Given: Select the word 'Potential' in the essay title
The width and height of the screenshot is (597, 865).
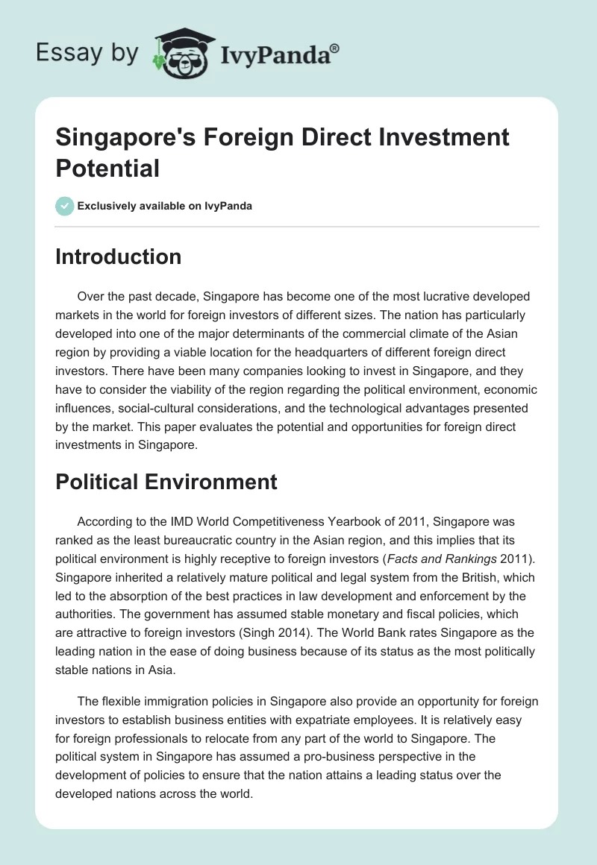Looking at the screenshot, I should point(107,168).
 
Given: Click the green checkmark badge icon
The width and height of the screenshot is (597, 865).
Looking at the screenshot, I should point(65,206).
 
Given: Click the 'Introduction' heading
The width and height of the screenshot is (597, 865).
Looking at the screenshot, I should point(119,257).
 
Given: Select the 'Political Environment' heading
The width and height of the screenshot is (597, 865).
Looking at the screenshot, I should point(166,482).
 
